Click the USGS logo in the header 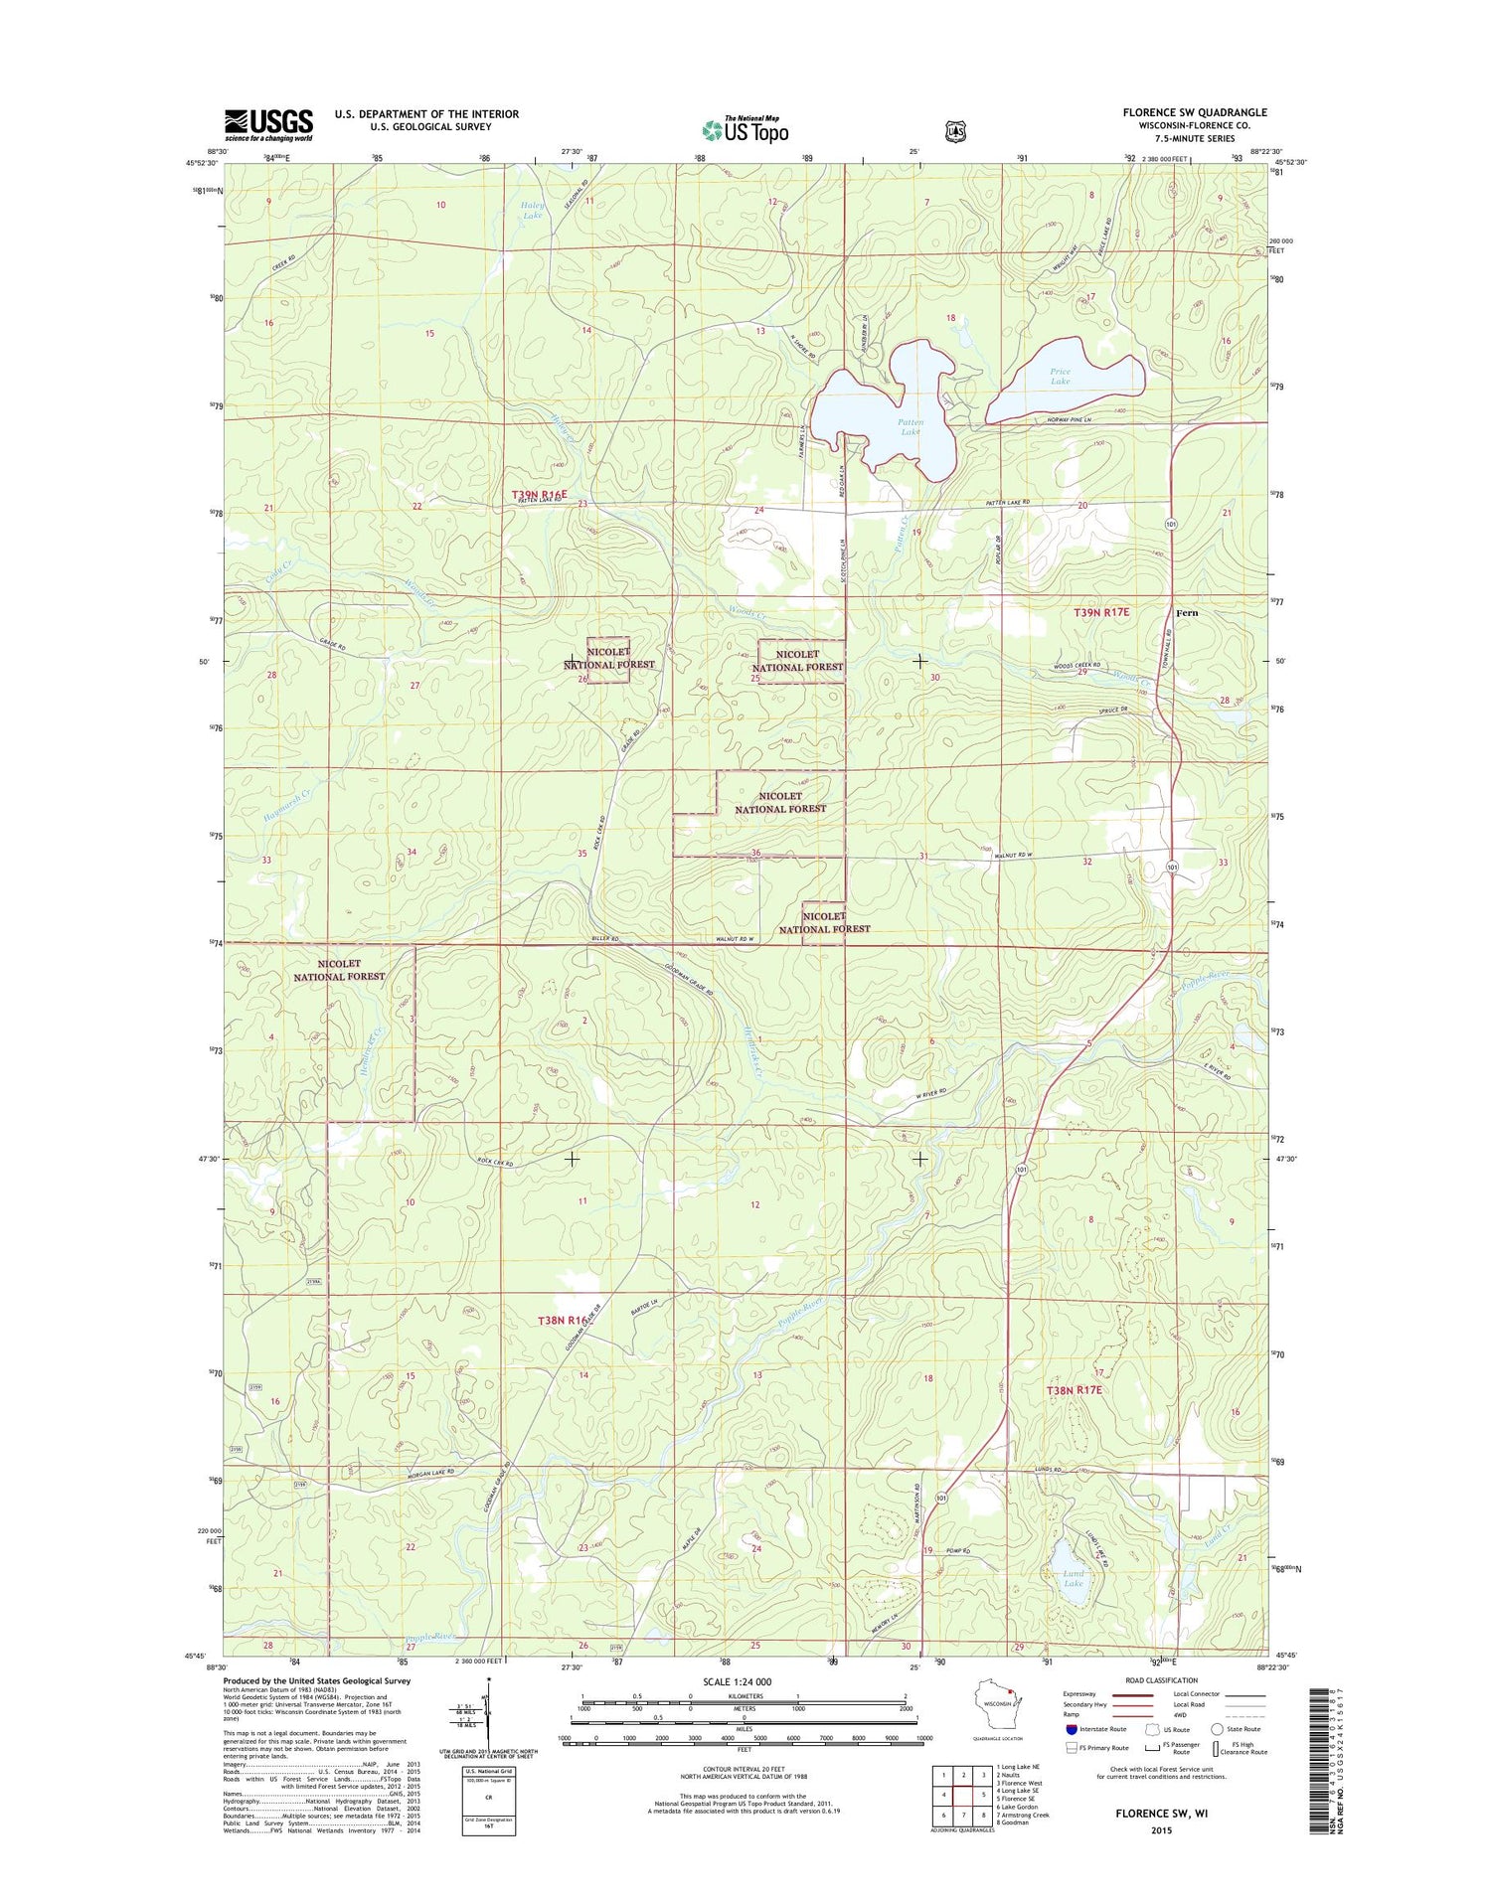[x=268, y=124]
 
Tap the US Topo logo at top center [x=745, y=129]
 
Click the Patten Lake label [x=910, y=427]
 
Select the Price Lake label [x=1061, y=377]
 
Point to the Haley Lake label [x=533, y=210]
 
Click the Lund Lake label [x=1074, y=1579]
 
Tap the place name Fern [x=1186, y=613]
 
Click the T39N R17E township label [x=1101, y=613]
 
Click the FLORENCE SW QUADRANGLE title [x=1195, y=112]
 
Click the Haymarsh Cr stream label [x=288, y=805]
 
